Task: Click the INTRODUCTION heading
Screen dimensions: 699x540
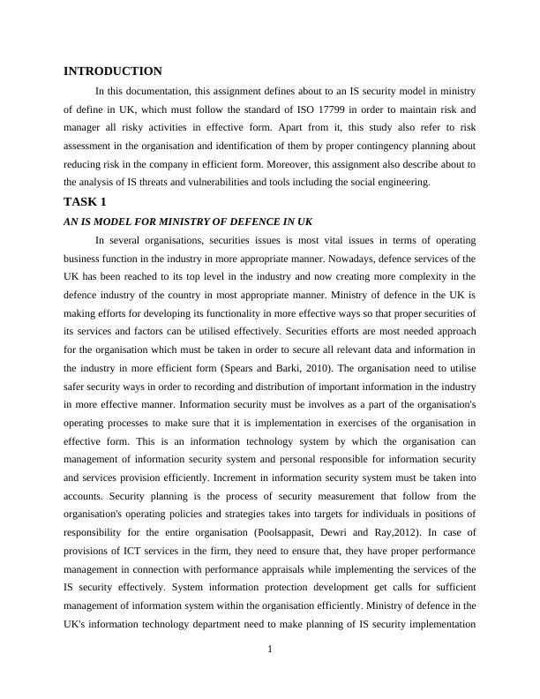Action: click(x=113, y=71)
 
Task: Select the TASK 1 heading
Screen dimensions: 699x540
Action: click(x=85, y=201)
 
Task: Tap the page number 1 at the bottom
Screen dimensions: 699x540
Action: click(x=270, y=650)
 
